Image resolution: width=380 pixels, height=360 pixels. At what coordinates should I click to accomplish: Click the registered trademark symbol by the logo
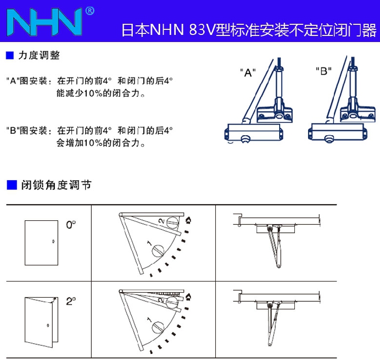point(89,10)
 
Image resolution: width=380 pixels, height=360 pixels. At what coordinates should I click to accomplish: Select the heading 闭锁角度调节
point(56,185)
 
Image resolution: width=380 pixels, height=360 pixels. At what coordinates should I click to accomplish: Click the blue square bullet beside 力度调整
point(9,55)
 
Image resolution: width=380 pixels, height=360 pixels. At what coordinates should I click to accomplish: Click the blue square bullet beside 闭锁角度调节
point(11,185)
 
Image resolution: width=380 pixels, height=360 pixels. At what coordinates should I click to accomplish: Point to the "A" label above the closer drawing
point(247,72)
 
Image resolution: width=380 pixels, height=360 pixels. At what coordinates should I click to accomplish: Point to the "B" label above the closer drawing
point(322,71)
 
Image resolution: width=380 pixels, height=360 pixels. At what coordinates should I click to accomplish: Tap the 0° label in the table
point(70,224)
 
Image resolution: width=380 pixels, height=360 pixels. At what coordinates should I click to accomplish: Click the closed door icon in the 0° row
point(40,243)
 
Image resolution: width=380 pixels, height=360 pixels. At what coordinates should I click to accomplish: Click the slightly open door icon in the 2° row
point(39,322)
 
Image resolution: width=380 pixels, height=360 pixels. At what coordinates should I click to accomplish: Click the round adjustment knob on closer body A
point(247,138)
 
